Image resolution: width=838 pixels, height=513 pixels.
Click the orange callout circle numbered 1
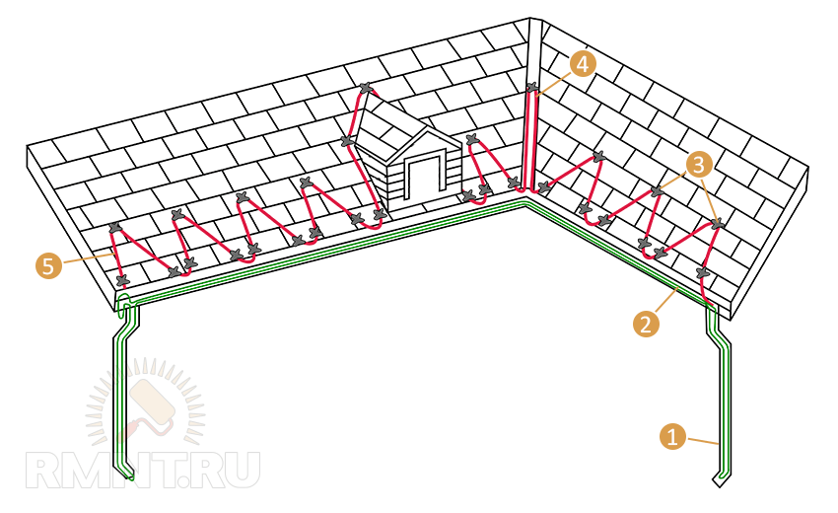[x=672, y=436]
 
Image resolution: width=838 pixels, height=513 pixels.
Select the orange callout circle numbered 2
[x=646, y=324]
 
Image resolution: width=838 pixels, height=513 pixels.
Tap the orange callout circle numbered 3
[x=700, y=165]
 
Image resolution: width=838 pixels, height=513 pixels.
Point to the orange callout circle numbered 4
[x=583, y=65]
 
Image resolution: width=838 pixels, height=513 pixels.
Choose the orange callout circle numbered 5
[x=49, y=265]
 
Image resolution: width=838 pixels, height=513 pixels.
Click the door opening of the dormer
[x=425, y=180]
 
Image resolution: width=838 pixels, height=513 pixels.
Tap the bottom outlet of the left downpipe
[x=126, y=475]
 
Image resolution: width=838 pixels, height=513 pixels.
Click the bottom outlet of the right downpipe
[x=722, y=479]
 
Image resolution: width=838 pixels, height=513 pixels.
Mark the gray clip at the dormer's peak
[x=366, y=87]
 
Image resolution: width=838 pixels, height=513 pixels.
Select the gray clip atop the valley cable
[x=531, y=87]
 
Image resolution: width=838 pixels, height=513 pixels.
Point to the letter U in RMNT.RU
[x=241, y=471]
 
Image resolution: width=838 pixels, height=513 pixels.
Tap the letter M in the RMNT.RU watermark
[x=88, y=471]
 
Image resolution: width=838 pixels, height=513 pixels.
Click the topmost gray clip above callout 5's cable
[x=115, y=228]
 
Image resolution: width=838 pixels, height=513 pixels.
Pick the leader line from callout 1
[x=702, y=441]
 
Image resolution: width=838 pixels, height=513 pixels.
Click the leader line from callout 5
[x=88, y=259]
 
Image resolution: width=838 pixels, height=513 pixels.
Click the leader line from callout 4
[x=554, y=85]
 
